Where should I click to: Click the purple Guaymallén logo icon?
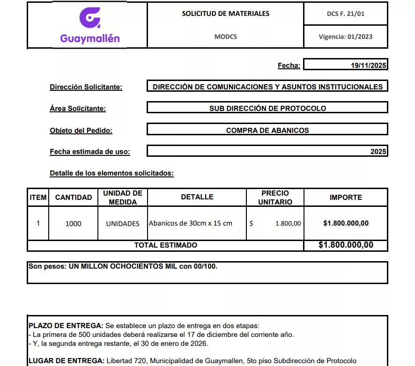tap(89, 18)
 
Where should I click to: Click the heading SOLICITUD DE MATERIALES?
tap(225, 14)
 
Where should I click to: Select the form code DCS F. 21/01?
tap(345, 14)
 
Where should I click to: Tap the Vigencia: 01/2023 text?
tap(345, 37)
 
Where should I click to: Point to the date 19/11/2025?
tap(369, 66)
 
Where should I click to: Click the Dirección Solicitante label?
tap(86, 87)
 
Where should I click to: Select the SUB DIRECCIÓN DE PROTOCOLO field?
tap(267, 108)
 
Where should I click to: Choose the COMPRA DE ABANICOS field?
tap(267, 131)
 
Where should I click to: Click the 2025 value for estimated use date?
tap(378, 152)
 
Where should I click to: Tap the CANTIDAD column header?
tap(74, 198)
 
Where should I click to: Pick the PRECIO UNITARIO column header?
tap(275, 198)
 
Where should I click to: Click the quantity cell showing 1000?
tap(73, 224)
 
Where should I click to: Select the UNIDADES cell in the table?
tap(123, 224)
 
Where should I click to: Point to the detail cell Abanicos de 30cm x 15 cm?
tap(191, 223)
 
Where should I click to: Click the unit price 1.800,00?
tap(288, 224)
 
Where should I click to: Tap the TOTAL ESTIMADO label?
tap(166, 245)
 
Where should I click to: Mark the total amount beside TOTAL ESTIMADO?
tap(346, 245)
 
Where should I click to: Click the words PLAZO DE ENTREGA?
tap(66, 326)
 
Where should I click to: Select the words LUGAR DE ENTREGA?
tap(66, 361)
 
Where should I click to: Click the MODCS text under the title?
tap(225, 37)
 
